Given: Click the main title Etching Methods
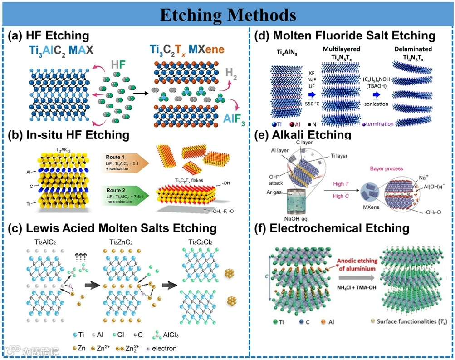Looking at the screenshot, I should pos(227,15).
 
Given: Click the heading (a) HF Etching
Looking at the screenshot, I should pos(49,36).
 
